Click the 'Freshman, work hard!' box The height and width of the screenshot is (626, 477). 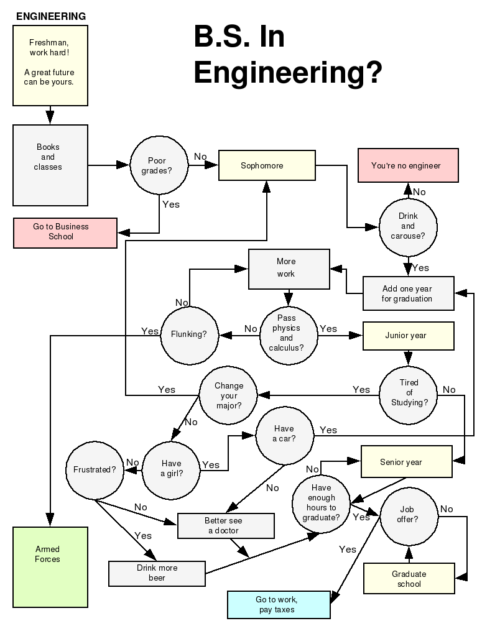[50, 65]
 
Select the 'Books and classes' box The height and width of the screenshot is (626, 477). [50, 165]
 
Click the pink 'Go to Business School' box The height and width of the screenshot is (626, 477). [65, 232]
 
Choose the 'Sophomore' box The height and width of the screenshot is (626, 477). [267, 166]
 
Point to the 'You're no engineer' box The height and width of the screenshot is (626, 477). [408, 165]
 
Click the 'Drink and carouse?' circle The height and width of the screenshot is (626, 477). [408, 226]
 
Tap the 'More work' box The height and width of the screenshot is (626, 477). [289, 269]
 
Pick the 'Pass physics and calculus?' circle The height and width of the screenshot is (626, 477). [287, 333]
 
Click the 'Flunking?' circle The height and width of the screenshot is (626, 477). [190, 334]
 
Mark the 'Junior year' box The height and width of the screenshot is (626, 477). [408, 336]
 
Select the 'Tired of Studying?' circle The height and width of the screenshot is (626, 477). [409, 393]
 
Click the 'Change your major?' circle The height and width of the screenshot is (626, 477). [228, 395]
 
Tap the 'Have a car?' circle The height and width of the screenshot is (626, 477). [284, 435]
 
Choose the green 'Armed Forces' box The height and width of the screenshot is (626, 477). [50, 567]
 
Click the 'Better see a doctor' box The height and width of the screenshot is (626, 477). [226, 525]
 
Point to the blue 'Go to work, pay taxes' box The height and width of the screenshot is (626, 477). [278, 605]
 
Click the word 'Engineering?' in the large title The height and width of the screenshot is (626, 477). [287, 73]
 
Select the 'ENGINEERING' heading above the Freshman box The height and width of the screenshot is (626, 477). [51, 17]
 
